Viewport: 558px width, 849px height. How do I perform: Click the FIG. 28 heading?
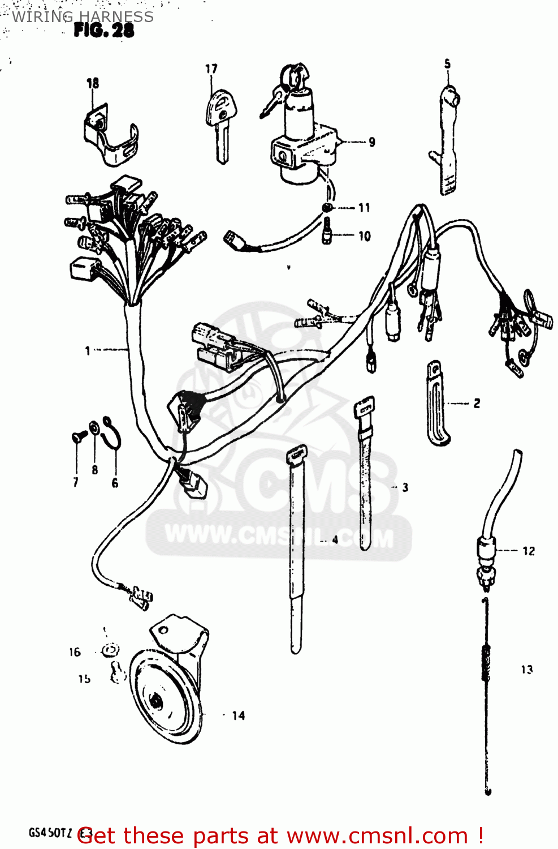coord(104,30)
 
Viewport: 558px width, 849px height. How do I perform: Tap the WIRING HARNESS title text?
coord(83,16)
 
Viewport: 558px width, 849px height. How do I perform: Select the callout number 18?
coord(93,83)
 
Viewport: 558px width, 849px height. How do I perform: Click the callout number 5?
coord(447,64)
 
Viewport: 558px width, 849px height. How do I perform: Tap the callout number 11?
coord(364,208)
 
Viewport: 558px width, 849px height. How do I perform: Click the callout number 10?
coord(365,236)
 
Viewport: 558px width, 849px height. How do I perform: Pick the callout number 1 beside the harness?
coord(88,351)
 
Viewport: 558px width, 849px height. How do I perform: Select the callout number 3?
coord(405,487)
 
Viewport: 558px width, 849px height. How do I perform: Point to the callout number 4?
coord(335,540)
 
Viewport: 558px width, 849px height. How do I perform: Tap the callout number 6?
coord(115,483)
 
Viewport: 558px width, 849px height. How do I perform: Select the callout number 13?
coord(527,670)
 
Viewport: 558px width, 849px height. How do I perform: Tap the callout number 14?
coord(239,715)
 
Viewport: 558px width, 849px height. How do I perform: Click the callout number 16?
coord(75,652)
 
